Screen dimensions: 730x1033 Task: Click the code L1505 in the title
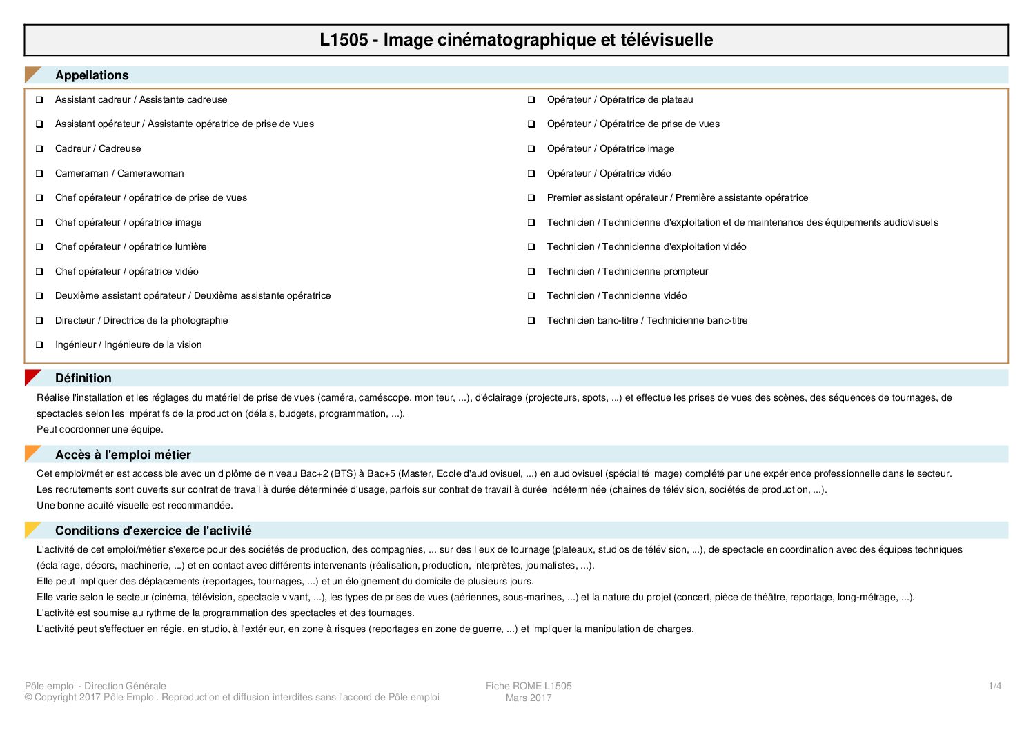click(x=344, y=40)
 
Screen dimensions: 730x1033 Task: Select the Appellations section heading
click(x=92, y=75)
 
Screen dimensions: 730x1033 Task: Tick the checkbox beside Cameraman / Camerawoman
click(x=40, y=174)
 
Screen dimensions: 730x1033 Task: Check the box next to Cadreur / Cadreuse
click(x=40, y=149)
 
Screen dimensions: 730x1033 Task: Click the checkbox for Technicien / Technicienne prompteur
click(x=531, y=272)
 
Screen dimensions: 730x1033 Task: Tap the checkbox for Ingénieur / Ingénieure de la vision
click(x=40, y=345)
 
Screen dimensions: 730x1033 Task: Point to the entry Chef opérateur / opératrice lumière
click(x=130, y=246)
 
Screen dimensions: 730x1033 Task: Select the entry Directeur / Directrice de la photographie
click(x=141, y=320)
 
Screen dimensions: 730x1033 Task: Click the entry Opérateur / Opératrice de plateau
click(x=620, y=99)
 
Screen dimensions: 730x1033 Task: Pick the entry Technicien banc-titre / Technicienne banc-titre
click(x=647, y=320)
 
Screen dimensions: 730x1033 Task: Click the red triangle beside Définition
click(x=31, y=377)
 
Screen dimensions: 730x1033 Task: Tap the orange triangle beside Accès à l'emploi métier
click(x=31, y=453)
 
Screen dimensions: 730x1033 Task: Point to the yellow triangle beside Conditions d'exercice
click(x=31, y=529)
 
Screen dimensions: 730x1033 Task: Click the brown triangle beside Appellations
click(x=31, y=73)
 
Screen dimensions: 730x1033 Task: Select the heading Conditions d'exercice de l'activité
click(x=153, y=531)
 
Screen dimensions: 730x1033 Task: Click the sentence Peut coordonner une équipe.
click(x=100, y=429)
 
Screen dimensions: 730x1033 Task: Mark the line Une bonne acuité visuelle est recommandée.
click(x=135, y=505)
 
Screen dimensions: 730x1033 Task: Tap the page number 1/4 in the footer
click(x=994, y=686)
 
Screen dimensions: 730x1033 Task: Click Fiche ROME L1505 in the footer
click(x=529, y=686)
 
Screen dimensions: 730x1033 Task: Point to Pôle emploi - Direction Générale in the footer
click(x=95, y=686)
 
